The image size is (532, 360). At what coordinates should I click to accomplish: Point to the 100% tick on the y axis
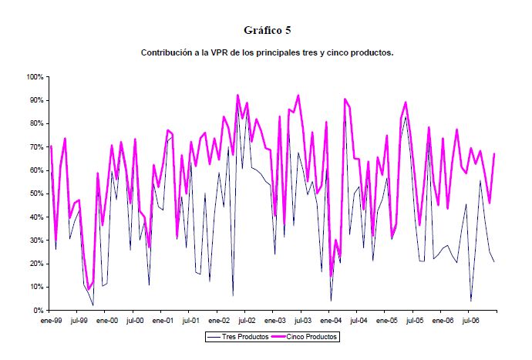click(34, 77)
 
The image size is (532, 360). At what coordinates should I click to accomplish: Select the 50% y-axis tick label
click(36, 193)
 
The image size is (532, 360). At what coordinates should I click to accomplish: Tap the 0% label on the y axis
click(39, 310)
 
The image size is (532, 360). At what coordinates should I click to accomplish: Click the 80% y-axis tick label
click(36, 124)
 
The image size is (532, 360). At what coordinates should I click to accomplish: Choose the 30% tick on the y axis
click(36, 241)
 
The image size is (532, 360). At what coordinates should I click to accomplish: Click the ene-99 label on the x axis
click(50, 319)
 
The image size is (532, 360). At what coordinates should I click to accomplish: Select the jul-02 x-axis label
click(246, 319)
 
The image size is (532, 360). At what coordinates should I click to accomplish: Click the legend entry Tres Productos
click(242, 337)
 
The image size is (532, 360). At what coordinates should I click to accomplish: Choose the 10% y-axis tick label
click(36, 287)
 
